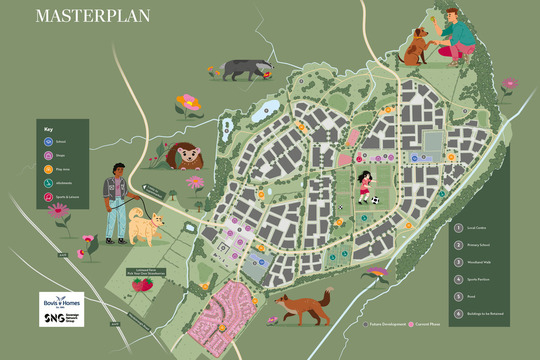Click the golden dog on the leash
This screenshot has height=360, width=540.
pos(146,227)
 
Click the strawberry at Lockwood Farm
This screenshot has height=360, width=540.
pos(142,284)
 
